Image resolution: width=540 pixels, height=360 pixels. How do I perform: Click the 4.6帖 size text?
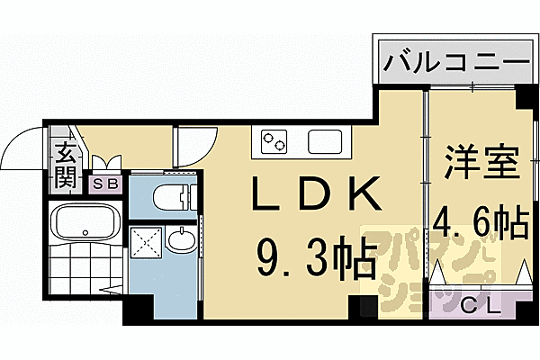click(x=481, y=222)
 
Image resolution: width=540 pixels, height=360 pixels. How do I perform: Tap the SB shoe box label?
click(x=106, y=184)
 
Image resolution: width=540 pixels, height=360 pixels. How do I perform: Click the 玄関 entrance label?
click(x=66, y=166)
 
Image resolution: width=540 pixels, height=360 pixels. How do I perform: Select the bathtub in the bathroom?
click(x=85, y=221)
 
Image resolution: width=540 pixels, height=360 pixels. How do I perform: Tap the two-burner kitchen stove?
click(x=274, y=141)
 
